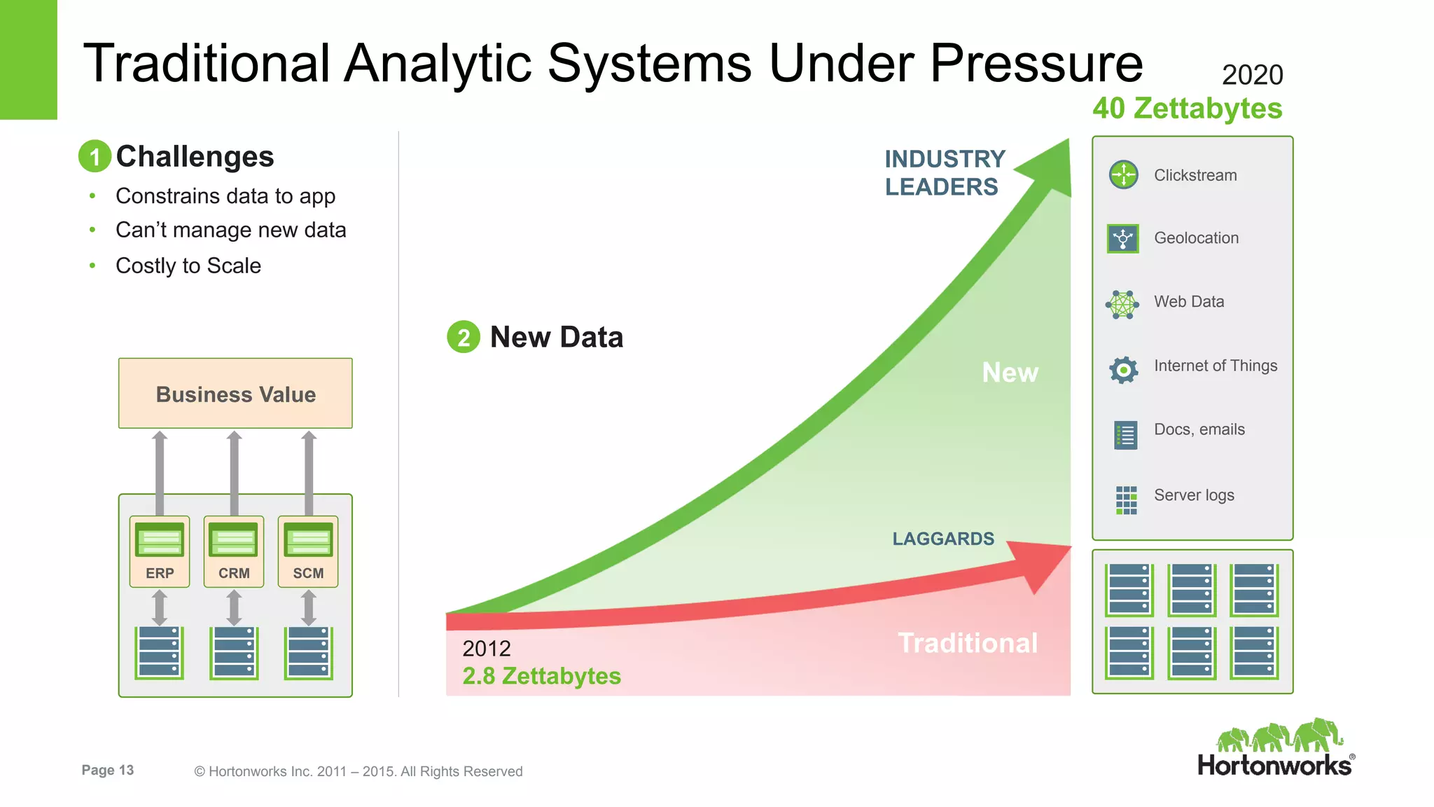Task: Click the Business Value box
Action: coord(235,394)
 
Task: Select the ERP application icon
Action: coord(160,540)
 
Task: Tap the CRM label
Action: coord(234,573)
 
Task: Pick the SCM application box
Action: coord(308,551)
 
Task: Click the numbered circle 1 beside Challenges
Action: coord(95,156)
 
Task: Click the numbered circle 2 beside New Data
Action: coord(463,337)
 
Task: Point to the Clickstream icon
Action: coord(1123,174)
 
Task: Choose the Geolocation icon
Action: coord(1123,238)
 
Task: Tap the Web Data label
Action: coord(1188,302)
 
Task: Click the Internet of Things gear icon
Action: coord(1123,369)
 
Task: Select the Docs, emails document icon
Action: coord(1125,435)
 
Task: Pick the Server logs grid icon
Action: coord(1126,500)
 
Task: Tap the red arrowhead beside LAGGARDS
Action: coord(1043,564)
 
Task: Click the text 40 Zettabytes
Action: coord(1187,109)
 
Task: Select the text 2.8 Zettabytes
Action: coord(541,676)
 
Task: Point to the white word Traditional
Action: coord(968,643)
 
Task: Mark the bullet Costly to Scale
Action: coord(188,266)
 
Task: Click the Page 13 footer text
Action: coord(107,770)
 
